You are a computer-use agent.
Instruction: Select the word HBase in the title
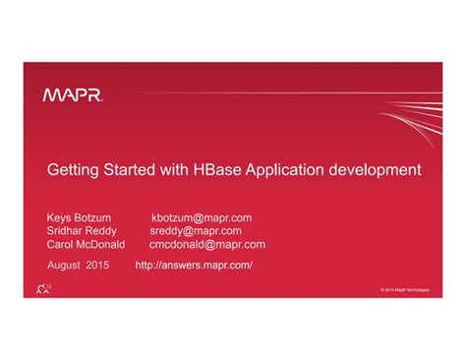[x=228, y=170]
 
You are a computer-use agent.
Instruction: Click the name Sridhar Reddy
[x=83, y=231]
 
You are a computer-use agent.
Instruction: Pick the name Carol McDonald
[x=87, y=245]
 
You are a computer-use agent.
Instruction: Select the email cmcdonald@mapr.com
[x=206, y=245]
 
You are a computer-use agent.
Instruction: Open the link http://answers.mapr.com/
[x=194, y=266]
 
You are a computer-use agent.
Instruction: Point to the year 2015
[x=97, y=266]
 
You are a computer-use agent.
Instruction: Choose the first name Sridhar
[x=64, y=231]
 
